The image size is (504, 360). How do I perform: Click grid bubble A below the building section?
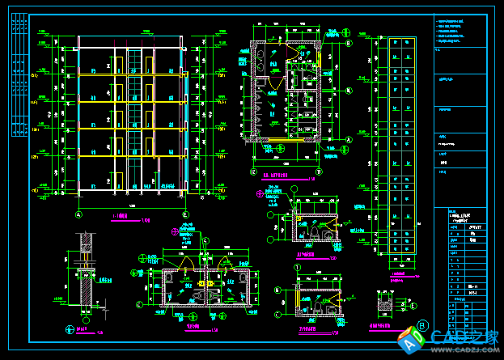point(78,215)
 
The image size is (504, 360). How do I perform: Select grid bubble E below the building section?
point(185,215)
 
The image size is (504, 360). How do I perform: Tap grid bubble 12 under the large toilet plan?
point(253,172)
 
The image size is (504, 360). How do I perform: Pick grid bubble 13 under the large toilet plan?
point(320,172)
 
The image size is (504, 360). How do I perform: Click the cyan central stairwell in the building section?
point(132,121)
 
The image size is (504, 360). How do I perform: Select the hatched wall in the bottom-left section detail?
point(84,283)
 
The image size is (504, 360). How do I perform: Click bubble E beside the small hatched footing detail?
point(413,305)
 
